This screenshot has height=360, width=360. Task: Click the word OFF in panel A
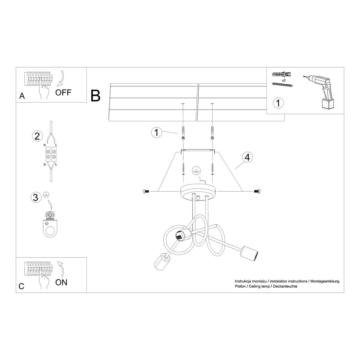coord(64,92)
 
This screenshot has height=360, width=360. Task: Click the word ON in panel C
coord(61,282)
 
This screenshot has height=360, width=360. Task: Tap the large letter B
coord(95,95)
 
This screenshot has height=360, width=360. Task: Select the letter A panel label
coord(22,96)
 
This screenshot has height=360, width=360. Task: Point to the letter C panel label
coord(21,286)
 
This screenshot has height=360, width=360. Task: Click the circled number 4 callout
coord(247,158)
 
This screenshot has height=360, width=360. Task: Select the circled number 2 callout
coord(37,136)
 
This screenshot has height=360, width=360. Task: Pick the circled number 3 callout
coord(36,197)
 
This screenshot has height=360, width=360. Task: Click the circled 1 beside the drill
coord(278,103)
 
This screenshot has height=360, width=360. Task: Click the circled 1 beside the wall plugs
coord(156,132)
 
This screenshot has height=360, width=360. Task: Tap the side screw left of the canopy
coord(145,191)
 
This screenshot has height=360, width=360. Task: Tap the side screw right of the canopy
coord(257,191)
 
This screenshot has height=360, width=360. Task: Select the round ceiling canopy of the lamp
coord(198,191)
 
